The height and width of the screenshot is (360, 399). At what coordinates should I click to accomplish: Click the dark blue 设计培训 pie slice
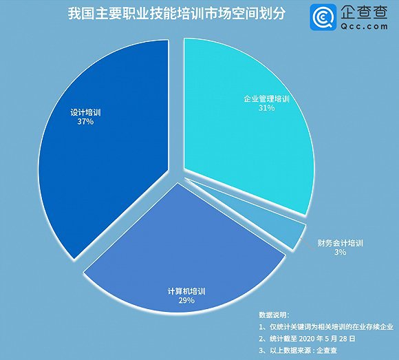[107, 153]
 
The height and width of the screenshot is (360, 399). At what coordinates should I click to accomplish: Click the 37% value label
[85, 122]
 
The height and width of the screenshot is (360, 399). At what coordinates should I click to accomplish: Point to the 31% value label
[267, 108]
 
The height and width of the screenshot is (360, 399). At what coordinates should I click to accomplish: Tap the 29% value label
[186, 300]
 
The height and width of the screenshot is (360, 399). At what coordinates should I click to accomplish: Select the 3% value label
[341, 252]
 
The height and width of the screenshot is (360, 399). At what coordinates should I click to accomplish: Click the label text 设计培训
[85, 112]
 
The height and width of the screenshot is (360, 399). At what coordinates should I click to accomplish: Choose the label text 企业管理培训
[267, 99]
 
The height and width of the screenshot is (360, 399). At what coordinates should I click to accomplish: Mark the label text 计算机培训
[186, 291]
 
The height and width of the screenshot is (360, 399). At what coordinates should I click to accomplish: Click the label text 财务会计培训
[341, 243]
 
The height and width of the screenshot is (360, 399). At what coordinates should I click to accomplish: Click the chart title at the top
[176, 14]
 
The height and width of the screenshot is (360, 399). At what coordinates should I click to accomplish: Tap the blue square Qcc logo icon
[323, 17]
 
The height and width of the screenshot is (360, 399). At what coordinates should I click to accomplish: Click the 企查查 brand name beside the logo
[364, 12]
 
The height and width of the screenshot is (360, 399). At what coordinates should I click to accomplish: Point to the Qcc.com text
[365, 26]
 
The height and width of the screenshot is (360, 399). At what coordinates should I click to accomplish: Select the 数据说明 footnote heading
[274, 315]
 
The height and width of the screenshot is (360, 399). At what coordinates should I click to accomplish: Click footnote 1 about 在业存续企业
[326, 327]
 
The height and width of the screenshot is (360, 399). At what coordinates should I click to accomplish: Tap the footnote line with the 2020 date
[307, 339]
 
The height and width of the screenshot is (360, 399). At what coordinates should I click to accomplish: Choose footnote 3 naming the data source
[298, 350]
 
